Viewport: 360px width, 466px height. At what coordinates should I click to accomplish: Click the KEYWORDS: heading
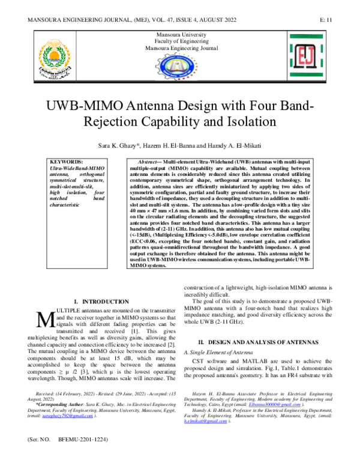67,163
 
